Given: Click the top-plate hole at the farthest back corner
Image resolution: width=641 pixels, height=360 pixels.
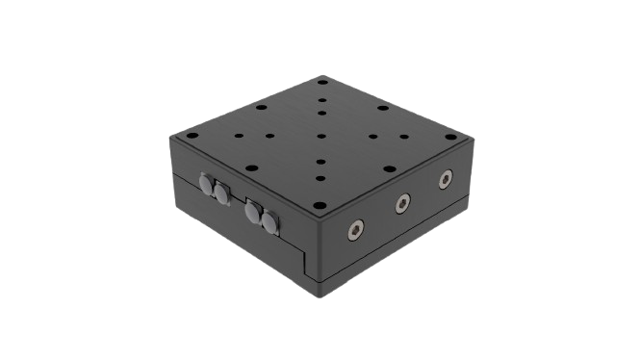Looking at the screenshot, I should coord(323,83).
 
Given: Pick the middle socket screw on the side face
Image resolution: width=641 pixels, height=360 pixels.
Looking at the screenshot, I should coord(402,202).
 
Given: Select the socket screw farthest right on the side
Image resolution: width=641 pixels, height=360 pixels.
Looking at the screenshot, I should coord(445,179).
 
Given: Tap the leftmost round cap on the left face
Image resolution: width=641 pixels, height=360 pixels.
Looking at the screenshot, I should coord(206,182).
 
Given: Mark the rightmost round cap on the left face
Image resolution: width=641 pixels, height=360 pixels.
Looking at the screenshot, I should coord(269,223).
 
